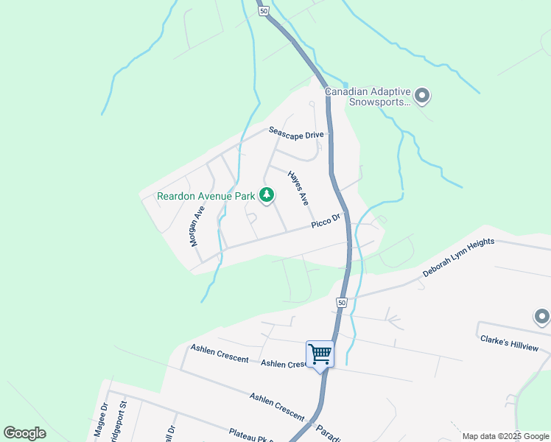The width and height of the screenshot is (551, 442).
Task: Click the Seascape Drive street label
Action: pyautogui.click(x=296, y=133)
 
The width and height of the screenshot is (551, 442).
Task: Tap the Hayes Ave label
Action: pyautogui.click(x=298, y=188)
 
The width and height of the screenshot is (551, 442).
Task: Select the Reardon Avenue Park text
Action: pyautogui.click(x=206, y=196)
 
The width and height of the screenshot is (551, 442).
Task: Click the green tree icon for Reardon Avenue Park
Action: pyautogui.click(x=266, y=195)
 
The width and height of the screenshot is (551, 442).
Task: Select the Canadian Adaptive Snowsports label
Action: pyautogui.click(x=367, y=97)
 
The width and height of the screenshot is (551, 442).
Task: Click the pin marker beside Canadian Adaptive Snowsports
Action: pyautogui.click(x=422, y=95)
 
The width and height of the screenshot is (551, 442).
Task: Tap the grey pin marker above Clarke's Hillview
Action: pyautogui.click(x=541, y=318)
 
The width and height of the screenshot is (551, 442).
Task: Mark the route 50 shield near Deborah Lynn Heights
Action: pyautogui.click(x=342, y=303)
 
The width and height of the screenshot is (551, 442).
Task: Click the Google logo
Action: pyautogui.click(x=24, y=433)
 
